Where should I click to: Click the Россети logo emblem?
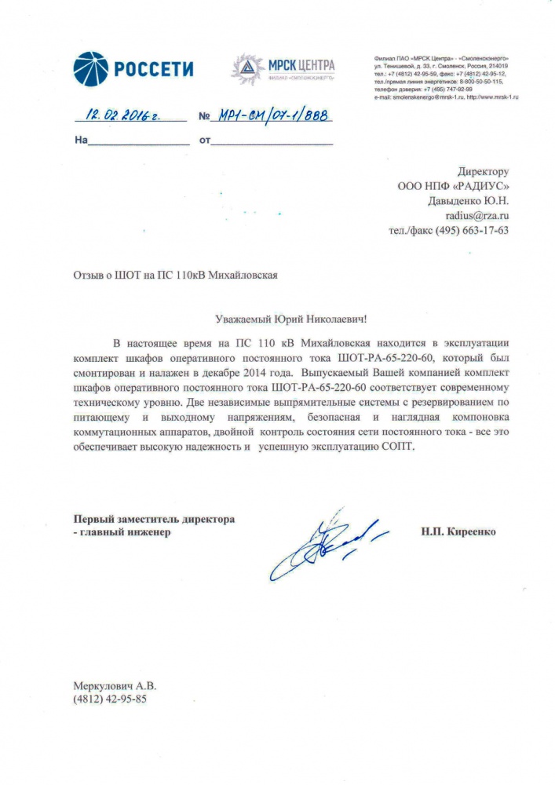[90, 69]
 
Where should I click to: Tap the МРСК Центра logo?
[283, 69]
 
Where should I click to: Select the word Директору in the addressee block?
[483, 171]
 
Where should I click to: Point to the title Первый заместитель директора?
[154, 519]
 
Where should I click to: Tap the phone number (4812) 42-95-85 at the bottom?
[110, 698]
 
